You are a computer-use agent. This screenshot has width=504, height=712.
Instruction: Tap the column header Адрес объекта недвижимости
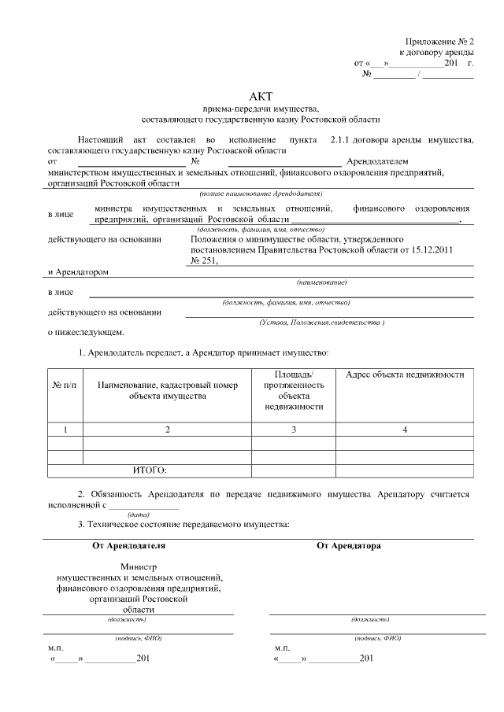(x=405, y=374)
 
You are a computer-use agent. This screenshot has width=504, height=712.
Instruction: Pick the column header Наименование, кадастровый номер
(x=167, y=385)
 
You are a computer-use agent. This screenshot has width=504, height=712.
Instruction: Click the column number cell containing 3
(x=293, y=429)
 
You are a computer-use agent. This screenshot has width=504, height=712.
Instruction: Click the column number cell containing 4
(x=405, y=429)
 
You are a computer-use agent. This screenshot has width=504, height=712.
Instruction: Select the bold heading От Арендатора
(x=349, y=544)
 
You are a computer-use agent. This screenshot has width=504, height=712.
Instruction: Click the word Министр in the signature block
(x=139, y=566)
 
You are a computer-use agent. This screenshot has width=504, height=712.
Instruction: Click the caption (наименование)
(x=321, y=282)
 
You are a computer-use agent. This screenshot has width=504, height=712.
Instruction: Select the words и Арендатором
(x=78, y=271)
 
